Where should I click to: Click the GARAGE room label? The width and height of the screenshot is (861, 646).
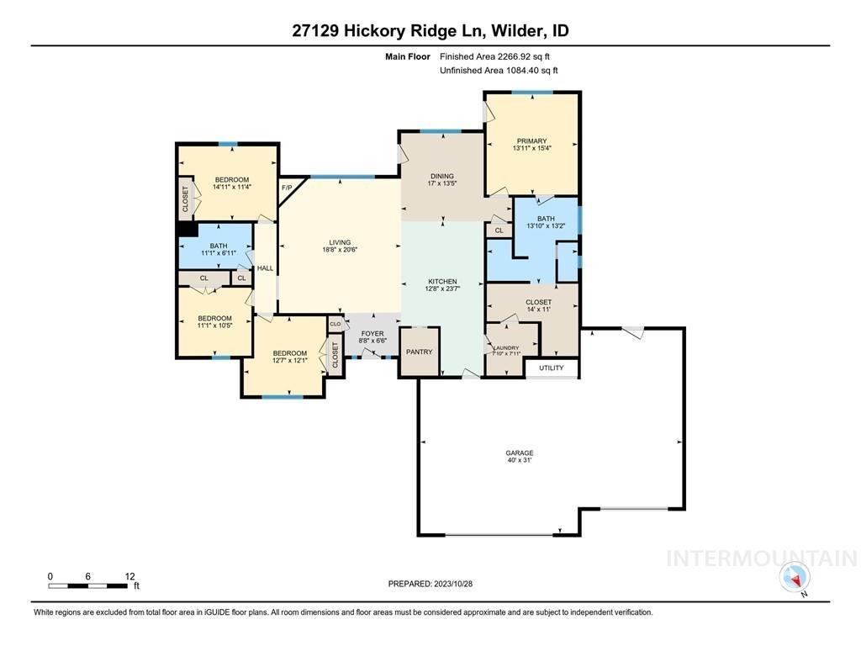pos(520,453)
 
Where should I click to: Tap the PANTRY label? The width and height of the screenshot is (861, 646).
pos(419,352)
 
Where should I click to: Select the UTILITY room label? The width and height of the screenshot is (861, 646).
pos(552,368)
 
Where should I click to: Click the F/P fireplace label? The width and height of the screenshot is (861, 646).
pos(286,188)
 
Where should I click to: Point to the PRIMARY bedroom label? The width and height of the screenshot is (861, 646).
pos(531,141)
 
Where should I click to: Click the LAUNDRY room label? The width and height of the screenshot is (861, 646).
pos(506,347)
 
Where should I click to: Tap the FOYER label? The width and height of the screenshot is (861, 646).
pos(372,334)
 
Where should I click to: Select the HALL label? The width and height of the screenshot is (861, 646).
pos(265,268)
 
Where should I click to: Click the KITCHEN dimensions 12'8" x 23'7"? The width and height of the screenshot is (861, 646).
pos(442,289)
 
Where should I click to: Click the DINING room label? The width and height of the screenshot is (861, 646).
pos(442,177)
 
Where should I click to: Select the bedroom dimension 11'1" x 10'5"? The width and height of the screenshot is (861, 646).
pos(214,326)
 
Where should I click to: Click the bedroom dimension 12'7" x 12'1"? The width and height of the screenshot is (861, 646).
pos(289,361)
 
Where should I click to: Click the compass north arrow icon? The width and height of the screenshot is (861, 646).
pos(794,578)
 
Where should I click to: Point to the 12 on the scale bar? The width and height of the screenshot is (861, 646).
pos(129,576)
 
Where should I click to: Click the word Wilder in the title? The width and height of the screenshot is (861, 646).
pos(519,31)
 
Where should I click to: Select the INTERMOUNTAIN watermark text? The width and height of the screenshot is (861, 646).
pos(761,559)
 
